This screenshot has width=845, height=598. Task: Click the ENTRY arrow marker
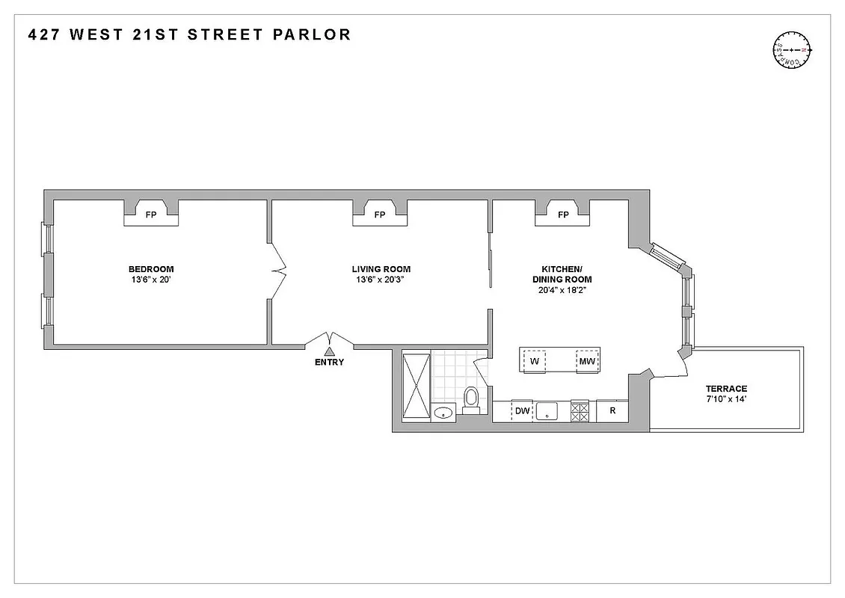click(329, 351)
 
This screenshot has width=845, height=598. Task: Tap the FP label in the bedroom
click(151, 215)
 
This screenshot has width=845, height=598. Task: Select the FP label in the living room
click(380, 215)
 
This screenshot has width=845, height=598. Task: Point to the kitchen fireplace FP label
click(563, 215)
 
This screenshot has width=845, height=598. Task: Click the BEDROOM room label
click(151, 269)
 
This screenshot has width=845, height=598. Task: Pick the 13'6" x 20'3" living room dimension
click(381, 280)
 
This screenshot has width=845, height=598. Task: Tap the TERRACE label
click(726, 389)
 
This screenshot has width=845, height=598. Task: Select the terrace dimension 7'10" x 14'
click(726, 400)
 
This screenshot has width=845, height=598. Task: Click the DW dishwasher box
click(522, 411)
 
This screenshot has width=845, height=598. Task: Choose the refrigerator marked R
click(612, 411)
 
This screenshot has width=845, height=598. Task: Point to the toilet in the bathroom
click(471, 400)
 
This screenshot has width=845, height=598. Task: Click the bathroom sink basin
click(444, 412)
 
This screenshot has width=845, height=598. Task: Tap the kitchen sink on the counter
click(550, 411)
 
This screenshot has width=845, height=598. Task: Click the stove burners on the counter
click(580, 411)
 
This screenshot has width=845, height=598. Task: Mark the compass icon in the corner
click(792, 50)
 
